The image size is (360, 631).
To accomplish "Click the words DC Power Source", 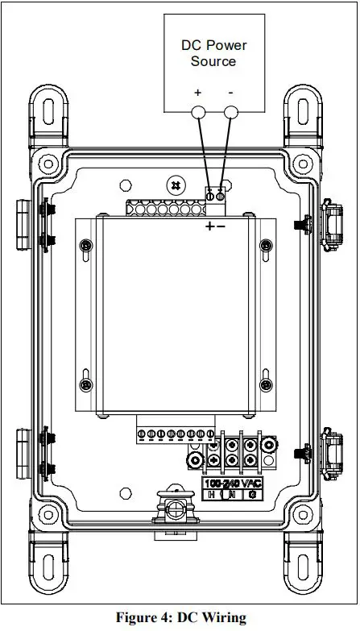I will pos(213,53).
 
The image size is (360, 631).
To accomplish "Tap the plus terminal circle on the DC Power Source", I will pos(199,113).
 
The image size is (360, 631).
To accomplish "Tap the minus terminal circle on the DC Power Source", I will pos(231,113).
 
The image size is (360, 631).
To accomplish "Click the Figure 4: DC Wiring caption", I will pos(180,618).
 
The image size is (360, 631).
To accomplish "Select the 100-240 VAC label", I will pos(234,483).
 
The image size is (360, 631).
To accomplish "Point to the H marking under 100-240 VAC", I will pos(212,495).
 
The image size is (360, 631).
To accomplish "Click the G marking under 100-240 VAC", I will pos(253,495).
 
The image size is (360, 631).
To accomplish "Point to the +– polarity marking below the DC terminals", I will pos(215,226).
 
